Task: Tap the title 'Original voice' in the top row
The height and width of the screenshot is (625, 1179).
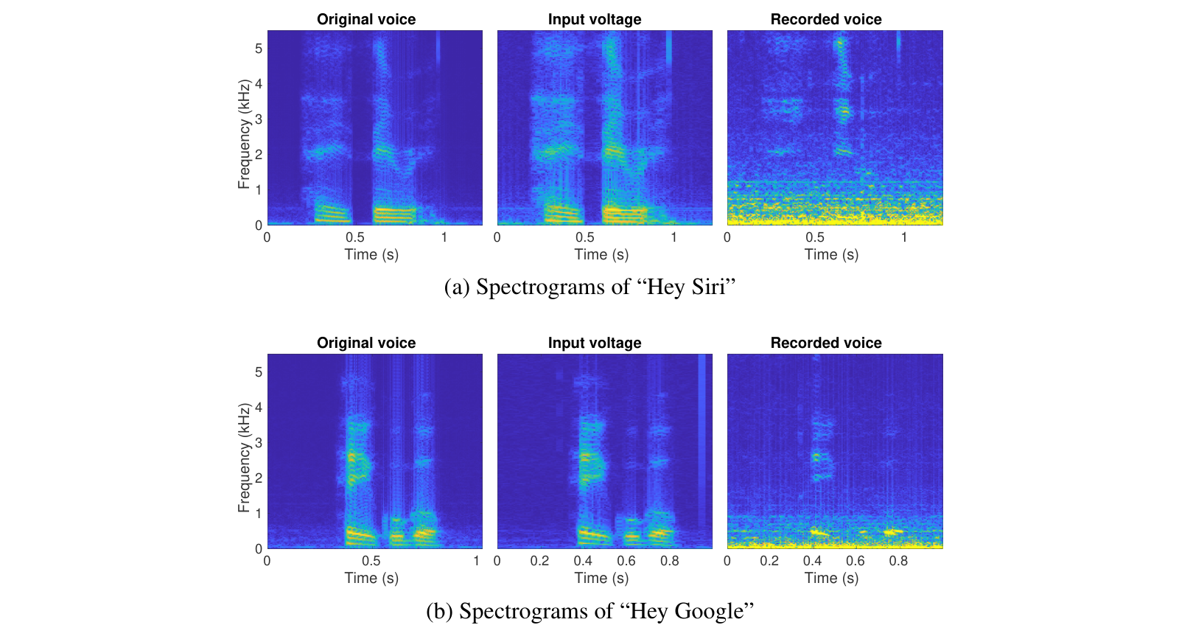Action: [366, 19]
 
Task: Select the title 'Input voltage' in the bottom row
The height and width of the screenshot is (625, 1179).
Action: [595, 343]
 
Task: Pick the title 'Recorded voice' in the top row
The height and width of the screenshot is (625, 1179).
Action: [826, 19]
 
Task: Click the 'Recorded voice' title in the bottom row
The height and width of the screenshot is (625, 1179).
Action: [826, 343]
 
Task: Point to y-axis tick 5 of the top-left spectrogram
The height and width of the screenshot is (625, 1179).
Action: [259, 49]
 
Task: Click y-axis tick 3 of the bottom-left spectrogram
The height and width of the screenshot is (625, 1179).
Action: [259, 443]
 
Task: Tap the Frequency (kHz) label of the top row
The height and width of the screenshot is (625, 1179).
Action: [244, 134]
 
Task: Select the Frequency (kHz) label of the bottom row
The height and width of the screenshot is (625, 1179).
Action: [244, 458]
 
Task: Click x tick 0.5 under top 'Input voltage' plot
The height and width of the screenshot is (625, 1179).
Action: [585, 237]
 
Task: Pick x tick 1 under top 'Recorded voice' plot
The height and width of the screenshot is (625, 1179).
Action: [904, 237]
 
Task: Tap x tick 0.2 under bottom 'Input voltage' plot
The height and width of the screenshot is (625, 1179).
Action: [539, 561]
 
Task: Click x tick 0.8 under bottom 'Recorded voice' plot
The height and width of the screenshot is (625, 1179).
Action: [898, 561]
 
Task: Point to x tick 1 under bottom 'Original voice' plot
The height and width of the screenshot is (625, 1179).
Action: [476, 561]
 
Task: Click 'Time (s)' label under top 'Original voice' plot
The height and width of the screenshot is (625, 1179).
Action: [371, 254]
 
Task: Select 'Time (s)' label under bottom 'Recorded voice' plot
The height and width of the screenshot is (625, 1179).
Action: [831, 578]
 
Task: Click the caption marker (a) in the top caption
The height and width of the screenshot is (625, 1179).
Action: [457, 287]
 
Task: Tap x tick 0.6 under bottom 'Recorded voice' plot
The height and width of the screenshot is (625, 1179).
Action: [856, 561]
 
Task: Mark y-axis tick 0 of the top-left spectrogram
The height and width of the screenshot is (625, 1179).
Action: [259, 226]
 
